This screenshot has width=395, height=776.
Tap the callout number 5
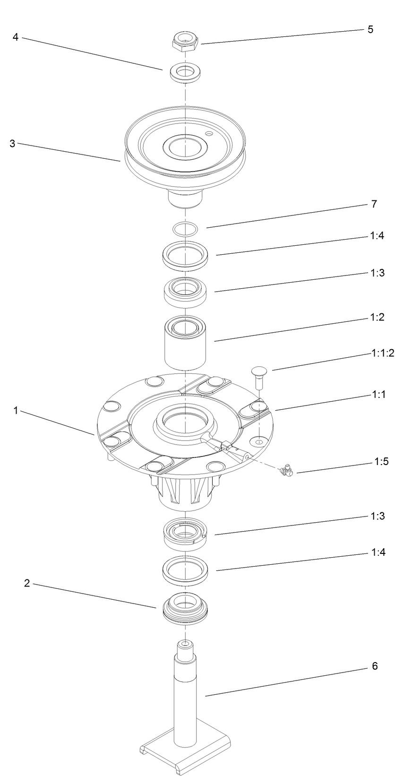[370, 29]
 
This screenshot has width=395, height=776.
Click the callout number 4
[16, 37]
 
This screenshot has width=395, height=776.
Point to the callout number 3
[13, 144]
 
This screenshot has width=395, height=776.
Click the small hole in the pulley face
[208, 134]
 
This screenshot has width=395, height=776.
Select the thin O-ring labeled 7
[185, 229]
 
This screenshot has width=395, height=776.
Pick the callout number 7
[374, 204]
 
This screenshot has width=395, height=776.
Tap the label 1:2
[377, 317]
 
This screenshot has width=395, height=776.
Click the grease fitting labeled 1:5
[286, 470]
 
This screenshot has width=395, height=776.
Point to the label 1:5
[378, 462]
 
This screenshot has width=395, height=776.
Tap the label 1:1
[378, 394]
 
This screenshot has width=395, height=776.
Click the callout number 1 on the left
[16, 411]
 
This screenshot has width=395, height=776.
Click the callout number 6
[375, 666]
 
